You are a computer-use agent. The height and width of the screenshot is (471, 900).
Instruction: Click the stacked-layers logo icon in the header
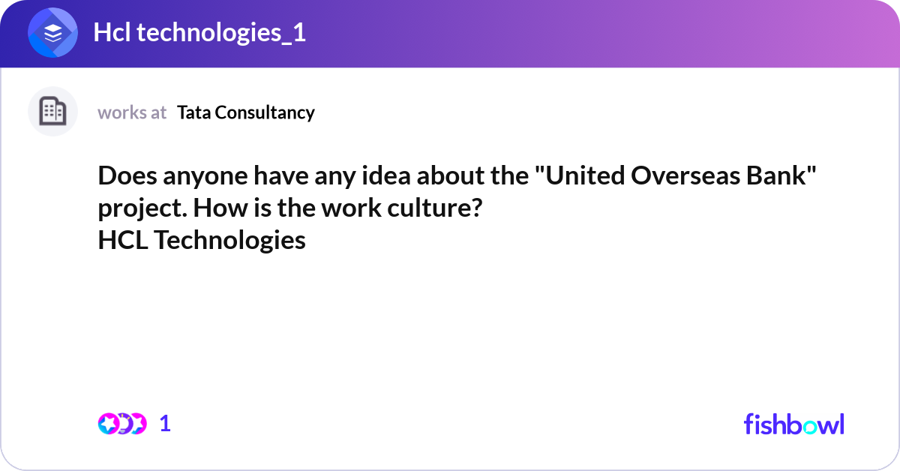tap(52, 33)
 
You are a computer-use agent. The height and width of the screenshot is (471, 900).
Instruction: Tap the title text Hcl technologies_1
tap(199, 33)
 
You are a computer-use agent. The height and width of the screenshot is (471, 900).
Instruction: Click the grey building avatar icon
tap(52, 112)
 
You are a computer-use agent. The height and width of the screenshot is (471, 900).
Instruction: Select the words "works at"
tap(132, 112)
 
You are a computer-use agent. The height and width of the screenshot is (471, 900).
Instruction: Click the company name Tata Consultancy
tap(246, 112)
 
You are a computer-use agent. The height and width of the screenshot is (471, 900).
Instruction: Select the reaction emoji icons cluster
tap(122, 424)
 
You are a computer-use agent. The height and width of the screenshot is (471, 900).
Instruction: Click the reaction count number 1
tap(165, 424)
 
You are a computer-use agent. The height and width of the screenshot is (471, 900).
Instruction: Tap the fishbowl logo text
tap(793, 424)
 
